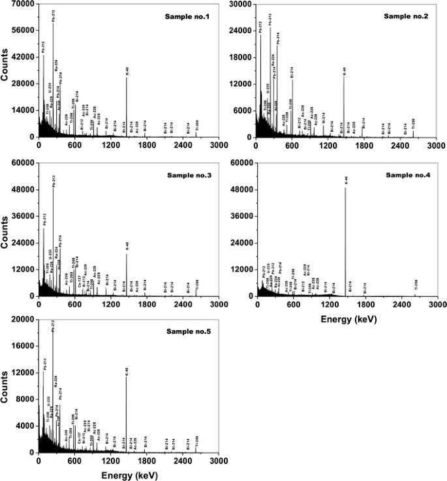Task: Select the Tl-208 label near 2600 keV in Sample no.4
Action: tap(416, 285)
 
